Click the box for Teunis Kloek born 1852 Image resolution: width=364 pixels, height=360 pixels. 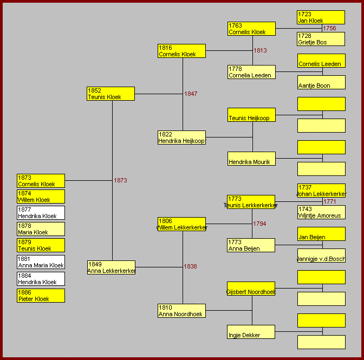(x=110, y=94)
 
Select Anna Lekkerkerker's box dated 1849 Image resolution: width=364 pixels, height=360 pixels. (x=111, y=267)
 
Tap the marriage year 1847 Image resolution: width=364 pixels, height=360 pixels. (x=191, y=94)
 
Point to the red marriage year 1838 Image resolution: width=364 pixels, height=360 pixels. (x=190, y=267)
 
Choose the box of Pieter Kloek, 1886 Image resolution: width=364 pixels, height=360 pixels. (x=41, y=296)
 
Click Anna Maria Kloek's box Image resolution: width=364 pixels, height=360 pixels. (x=41, y=263)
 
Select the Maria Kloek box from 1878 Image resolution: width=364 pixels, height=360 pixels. (x=41, y=229)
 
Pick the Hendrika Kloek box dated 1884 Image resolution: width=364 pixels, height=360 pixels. (x=41, y=279)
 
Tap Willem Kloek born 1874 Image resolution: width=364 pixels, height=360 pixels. (x=41, y=197)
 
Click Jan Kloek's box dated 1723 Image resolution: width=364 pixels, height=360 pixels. (x=321, y=17)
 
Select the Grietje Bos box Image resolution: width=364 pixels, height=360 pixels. (x=321, y=39)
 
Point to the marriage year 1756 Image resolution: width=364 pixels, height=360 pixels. (x=329, y=29)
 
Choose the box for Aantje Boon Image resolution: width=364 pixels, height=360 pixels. (x=321, y=82)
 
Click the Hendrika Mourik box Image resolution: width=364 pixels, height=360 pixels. (x=251, y=159)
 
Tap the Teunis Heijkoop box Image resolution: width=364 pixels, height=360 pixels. (x=251, y=115)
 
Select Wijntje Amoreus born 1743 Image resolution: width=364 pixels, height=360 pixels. (x=321, y=212)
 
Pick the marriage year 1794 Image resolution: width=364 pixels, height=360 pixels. (x=259, y=224)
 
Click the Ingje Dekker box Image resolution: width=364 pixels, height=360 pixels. (x=251, y=332)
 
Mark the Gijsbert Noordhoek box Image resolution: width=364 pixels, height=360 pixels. (x=251, y=289)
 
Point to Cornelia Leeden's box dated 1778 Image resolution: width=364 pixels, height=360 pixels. (x=251, y=72)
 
